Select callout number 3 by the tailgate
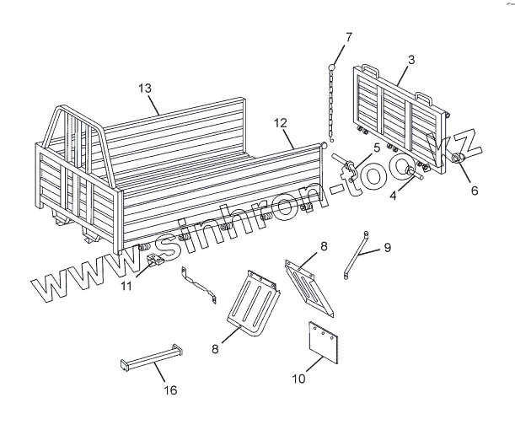pyautogui.click(x=410, y=60)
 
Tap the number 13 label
pyautogui.click(x=145, y=89)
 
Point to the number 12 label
pyautogui.click(x=280, y=122)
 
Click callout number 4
pyautogui.click(x=474, y=191)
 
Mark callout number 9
pyautogui.click(x=387, y=247)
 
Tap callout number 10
pyautogui.click(x=298, y=379)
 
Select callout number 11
pyautogui.click(x=126, y=286)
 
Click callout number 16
pyautogui.click(x=170, y=390)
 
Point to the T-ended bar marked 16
pyautogui.click(x=151, y=360)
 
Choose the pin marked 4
pyautogui.click(x=412, y=173)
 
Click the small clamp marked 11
pyautogui.click(x=154, y=262)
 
